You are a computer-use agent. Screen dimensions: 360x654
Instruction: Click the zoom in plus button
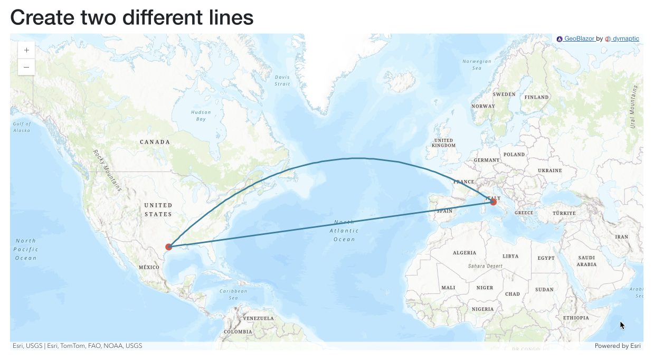tap(26, 50)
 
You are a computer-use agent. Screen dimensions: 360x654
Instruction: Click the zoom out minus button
tap(26, 67)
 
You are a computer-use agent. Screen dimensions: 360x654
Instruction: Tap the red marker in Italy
tap(493, 202)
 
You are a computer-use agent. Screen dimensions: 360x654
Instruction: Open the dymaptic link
tap(625, 39)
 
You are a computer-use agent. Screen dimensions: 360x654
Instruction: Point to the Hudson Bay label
tap(201, 116)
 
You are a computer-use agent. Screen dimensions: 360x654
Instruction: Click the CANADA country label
tap(155, 142)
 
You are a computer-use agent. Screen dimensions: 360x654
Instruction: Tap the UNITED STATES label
tap(158, 210)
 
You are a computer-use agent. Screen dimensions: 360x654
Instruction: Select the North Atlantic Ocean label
tap(344, 231)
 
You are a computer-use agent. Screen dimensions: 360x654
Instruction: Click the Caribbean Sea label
tap(233, 294)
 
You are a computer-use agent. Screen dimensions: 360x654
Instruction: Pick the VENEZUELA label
tap(258, 318)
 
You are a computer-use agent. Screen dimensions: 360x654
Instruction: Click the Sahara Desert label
tap(485, 266)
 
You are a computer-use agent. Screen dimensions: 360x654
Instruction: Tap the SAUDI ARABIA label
tap(586, 261)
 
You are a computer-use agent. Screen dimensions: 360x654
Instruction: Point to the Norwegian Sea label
tap(477, 64)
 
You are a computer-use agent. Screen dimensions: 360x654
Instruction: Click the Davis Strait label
tap(282, 80)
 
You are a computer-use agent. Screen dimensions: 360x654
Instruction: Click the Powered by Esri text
tap(617, 346)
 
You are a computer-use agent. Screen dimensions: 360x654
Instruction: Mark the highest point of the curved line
tap(357, 158)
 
